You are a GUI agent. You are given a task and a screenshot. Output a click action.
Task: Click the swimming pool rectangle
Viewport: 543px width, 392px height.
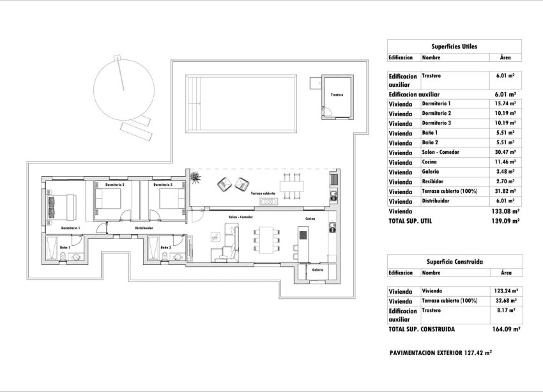240,103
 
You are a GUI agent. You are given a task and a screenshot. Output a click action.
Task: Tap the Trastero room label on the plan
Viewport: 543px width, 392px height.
337,95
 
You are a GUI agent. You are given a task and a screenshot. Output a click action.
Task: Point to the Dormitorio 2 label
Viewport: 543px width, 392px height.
115,185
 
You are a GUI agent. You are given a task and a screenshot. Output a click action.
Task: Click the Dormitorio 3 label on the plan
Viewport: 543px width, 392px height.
162,185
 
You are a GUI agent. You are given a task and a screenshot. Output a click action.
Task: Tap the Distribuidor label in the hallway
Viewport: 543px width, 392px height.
143,227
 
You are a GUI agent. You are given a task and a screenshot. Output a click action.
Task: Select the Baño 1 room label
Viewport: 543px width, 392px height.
65,247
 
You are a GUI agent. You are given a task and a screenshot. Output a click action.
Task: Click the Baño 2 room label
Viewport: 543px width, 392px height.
165,247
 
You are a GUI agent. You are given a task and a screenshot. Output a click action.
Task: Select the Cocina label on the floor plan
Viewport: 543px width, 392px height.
310,218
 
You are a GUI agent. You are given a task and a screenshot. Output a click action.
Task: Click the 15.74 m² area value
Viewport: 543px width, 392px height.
505,103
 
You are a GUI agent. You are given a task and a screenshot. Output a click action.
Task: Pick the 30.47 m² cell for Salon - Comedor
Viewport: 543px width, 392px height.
505,153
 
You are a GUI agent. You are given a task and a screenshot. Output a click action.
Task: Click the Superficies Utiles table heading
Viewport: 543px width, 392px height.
454,47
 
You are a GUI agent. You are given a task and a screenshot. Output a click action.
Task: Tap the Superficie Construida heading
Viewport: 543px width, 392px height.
454,262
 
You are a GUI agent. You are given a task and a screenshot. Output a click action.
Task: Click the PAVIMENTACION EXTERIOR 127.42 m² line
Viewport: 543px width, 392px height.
440,352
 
